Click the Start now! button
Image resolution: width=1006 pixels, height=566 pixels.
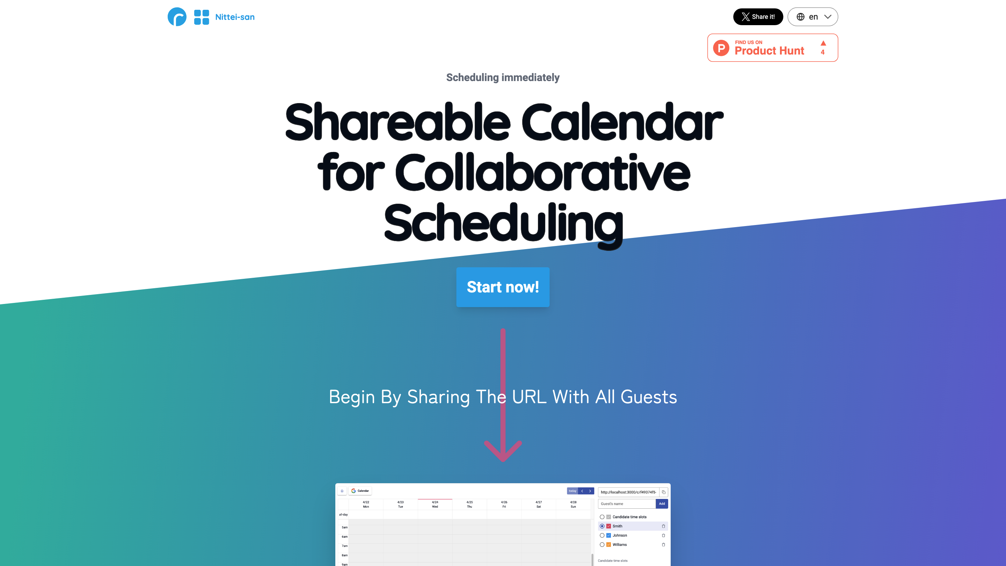pos(503,287)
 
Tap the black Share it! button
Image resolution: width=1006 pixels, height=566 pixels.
pos(758,17)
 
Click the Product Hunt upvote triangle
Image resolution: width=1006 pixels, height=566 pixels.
pos(823,43)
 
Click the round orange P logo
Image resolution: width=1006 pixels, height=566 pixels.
pos(721,48)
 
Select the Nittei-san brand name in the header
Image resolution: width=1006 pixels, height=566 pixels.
pos(235,17)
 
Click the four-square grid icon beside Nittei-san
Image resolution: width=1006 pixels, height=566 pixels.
pos(202,17)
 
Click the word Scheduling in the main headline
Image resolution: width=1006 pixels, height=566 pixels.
pos(503,224)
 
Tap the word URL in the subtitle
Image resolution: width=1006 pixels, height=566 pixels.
pos(529,397)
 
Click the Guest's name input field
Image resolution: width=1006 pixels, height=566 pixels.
pos(626,503)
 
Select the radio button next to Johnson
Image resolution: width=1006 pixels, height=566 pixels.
pos(602,535)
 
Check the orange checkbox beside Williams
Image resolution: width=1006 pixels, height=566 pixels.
pos(608,545)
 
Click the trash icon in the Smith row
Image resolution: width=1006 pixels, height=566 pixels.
pos(663,526)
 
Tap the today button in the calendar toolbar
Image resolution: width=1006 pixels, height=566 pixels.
pos(572,491)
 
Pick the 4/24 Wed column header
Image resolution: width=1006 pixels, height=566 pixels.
pos(435,504)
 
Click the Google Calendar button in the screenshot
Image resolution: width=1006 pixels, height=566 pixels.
pos(360,491)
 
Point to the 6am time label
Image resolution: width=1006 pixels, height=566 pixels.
pos(344,537)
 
